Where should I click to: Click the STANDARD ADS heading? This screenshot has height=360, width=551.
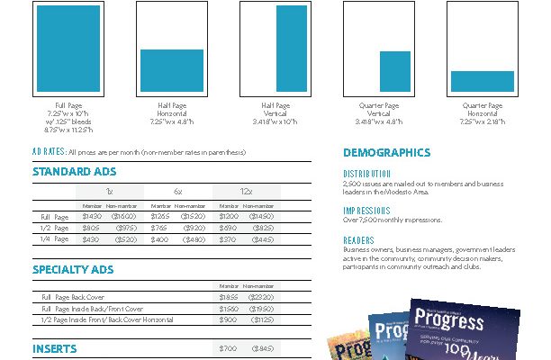coord(74,171)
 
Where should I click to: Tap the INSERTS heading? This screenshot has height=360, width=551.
coord(55,348)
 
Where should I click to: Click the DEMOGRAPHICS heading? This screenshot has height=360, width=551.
coord(386,153)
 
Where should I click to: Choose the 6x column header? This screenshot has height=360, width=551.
coord(179,192)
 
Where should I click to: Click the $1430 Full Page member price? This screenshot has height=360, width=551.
coord(92,217)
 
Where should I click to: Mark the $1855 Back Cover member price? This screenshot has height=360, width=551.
coord(229,296)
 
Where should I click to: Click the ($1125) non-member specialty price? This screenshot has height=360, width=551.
coord(262,319)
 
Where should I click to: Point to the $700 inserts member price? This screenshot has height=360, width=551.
coord(229,348)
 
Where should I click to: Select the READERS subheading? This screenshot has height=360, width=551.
coord(358,240)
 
